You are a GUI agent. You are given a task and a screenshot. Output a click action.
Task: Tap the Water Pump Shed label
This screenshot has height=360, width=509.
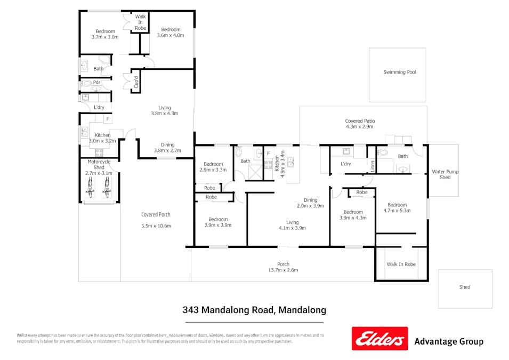point(445,174)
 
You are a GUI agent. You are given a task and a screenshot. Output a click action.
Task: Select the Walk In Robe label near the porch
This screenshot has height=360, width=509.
point(401,264)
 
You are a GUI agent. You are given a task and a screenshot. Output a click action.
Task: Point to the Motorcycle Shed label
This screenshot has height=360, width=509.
point(99,164)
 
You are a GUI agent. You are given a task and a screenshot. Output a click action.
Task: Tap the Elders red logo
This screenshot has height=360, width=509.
point(379,339)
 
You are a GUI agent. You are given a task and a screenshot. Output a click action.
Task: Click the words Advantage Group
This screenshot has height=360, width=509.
point(449,341)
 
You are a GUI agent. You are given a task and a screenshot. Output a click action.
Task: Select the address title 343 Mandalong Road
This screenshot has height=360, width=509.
point(254,309)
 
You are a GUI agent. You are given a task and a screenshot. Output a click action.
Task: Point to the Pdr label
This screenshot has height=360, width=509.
point(97,83)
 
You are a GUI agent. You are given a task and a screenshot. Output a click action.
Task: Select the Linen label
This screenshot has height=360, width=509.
point(373,166)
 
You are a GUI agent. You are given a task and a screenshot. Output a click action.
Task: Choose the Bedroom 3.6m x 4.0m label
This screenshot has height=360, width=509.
point(171,33)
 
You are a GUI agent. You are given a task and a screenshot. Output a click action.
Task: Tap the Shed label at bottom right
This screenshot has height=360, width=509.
point(465,287)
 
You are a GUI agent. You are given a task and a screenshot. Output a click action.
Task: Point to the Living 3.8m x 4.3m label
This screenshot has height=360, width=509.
point(164,110)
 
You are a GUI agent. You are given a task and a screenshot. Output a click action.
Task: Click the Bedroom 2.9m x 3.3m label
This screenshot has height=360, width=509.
point(213,167)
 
